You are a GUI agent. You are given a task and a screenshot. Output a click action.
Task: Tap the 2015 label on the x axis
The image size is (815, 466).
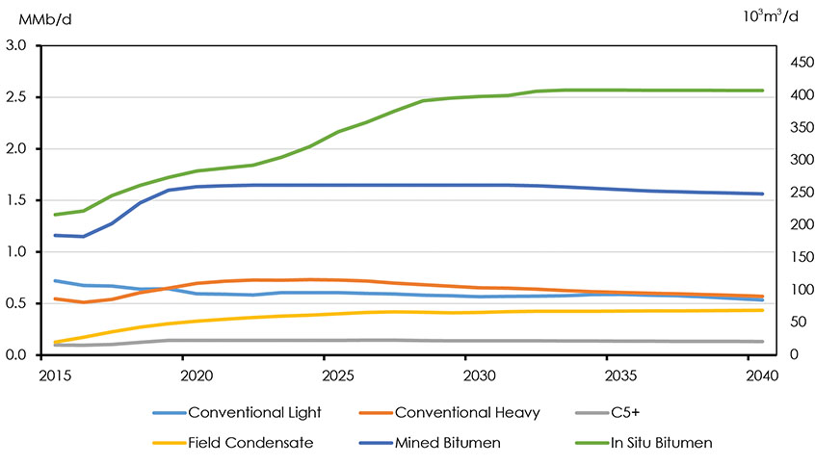pos(57,373)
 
